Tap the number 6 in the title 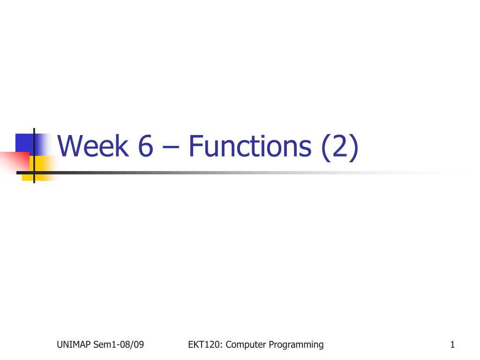pyautogui.click(x=145, y=146)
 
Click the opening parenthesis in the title pyautogui.click(x=325, y=147)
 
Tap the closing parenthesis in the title pyautogui.click(x=354, y=147)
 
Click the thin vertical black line pyautogui.click(x=34, y=156)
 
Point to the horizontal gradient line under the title pyautogui.click(x=242, y=172)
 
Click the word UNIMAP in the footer pyautogui.click(x=74, y=345)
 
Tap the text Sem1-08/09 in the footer pyautogui.click(x=119, y=345)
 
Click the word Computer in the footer pyautogui.click(x=246, y=345)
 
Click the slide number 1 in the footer pyautogui.click(x=452, y=345)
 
